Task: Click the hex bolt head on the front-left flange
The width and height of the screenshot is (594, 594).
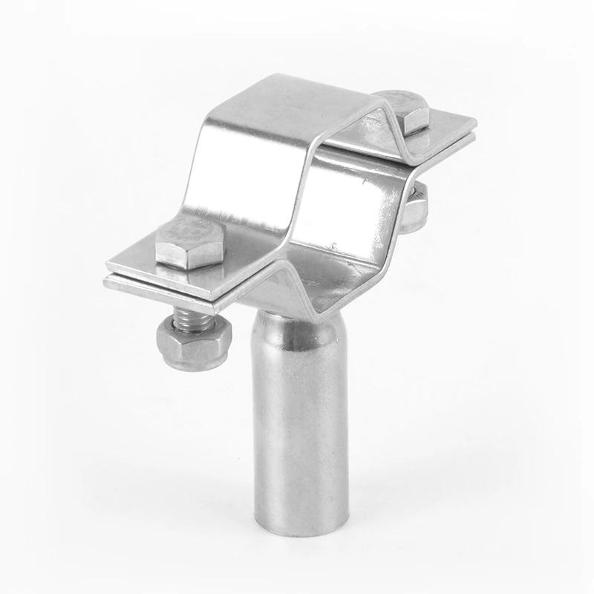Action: pyautogui.click(x=189, y=244)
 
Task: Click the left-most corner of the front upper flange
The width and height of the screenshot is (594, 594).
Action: pyautogui.click(x=108, y=264)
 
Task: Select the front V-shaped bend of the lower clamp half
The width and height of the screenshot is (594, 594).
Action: pyautogui.click(x=282, y=282)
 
